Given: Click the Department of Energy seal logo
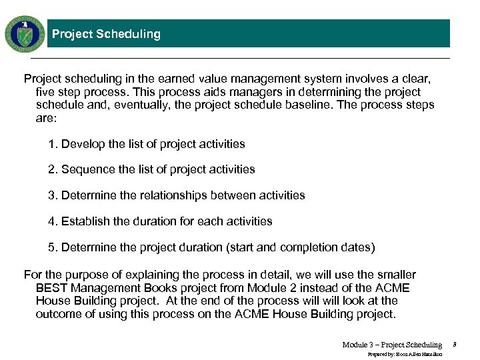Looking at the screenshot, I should point(25,34).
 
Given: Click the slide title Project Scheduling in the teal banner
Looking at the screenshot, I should point(106,34).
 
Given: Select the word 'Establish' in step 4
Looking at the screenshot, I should point(85,221).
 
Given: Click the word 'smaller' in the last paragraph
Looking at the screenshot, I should point(396,275).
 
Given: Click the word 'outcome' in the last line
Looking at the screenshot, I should point(57,314).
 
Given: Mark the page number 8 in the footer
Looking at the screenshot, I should point(454,345).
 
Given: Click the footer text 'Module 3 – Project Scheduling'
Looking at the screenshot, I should point(391,345).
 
